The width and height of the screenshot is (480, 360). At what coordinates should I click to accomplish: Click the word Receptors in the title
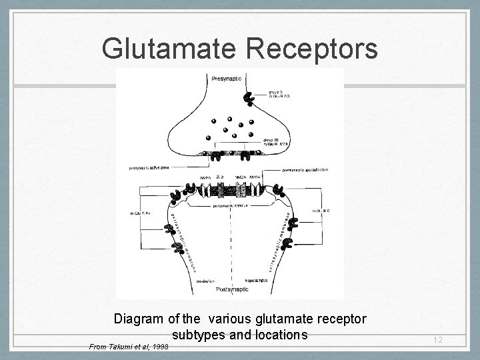pyautogui.click(x=312, y=49)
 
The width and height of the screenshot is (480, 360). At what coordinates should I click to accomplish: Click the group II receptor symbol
pyautogui.click(x=249, y=99)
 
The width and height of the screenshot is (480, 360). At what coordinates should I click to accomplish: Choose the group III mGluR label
pyautogui.click(x=293, y=142)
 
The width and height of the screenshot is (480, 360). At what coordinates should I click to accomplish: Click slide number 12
pyautogui.click(x=436, y=341)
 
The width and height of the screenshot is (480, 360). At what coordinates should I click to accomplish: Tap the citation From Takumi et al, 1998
pyautogui.click(x=129, y=347)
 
